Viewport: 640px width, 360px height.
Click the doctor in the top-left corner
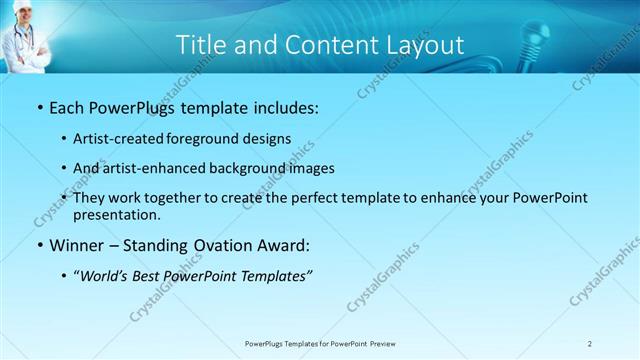pyautogui.click(x=26, y=36)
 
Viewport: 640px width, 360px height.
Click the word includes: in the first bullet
pyautogui.click(x=278, y=107)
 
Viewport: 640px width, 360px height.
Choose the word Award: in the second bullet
pyautogui.click(x=282, y=244)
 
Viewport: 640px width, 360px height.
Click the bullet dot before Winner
pyautogui.click(x=39, y=245)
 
